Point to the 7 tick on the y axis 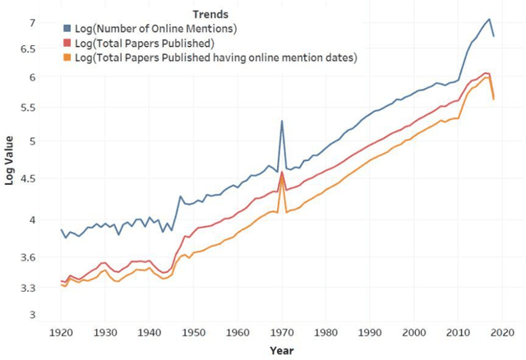pos(33,22)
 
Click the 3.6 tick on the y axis pos(28,257)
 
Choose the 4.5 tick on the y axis pos(28,176)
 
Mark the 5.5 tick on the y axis pos(28,108)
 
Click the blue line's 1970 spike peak pos(282,121)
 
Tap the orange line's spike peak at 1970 pos(282,180)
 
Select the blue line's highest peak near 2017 pos(489,19)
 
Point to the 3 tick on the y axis pos(33,314)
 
